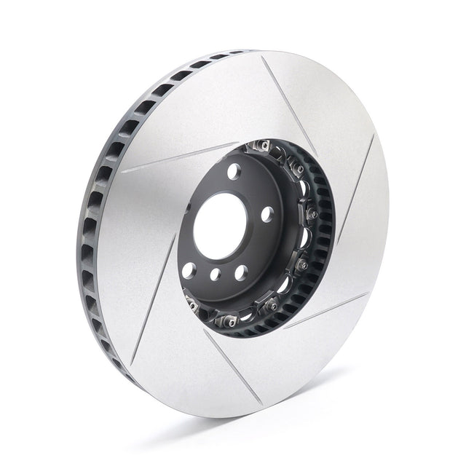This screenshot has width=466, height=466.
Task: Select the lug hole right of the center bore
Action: coord(267,213)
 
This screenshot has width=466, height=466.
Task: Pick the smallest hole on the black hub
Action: coord(216,275)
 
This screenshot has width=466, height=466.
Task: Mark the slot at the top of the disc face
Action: coord(281,95)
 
